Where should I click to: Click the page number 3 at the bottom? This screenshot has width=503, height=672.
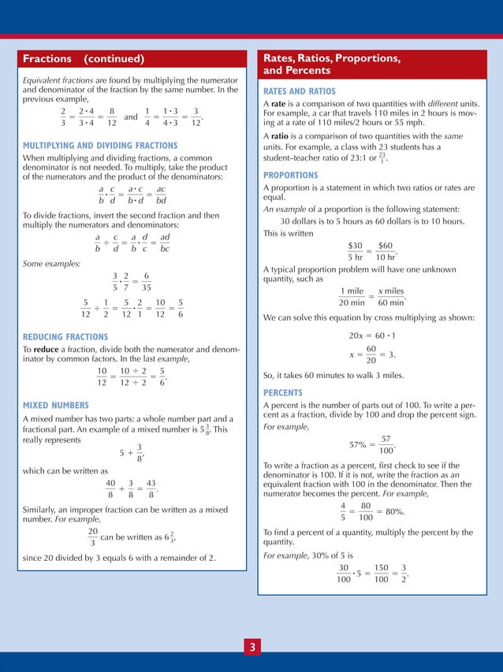click(x=251, y=648)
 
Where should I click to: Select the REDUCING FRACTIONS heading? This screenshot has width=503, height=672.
click(x=65, y=337)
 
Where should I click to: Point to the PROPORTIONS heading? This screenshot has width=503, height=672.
click(x=291, y=175)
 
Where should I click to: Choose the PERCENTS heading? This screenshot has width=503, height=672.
click(x=285, y=392)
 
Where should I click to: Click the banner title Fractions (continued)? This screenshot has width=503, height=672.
click(x=84, y=59)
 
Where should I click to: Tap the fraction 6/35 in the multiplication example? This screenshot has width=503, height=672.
click(x=147, y=282)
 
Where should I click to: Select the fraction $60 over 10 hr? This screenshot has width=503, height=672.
click(x=387, y=251)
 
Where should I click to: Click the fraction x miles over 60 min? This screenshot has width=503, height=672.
click(x=391, y=297)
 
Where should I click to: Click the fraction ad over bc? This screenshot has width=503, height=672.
click(x=165, y=243)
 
